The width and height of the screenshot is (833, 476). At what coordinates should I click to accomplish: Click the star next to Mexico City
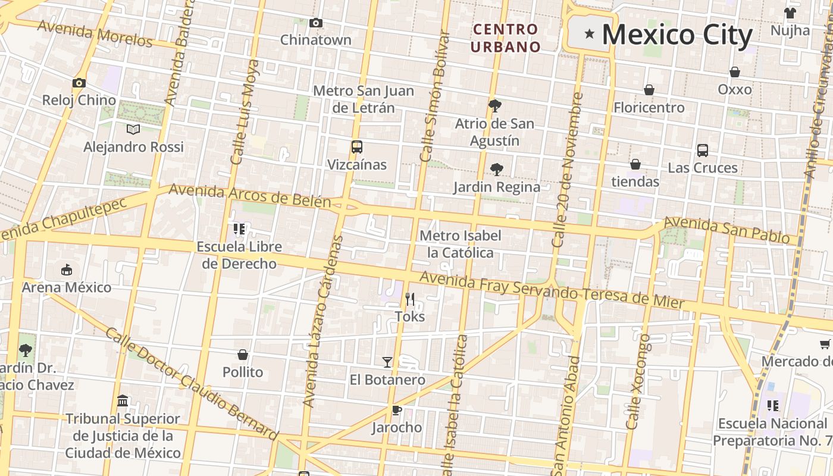pos(589,34)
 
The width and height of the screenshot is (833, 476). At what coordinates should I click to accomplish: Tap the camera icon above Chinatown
pos(316,23)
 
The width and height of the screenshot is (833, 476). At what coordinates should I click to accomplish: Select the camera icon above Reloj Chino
pos(79,83)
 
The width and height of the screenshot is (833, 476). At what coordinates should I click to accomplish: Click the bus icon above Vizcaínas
pos(357,147)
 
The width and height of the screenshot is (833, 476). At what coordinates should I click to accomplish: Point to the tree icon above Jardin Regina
pos(496,170)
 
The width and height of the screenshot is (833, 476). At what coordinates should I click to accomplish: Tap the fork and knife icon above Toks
pos(409,299)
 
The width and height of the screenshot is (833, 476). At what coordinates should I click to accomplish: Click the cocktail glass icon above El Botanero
pos(387,362)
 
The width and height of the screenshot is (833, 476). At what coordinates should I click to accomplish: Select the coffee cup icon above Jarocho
pos(396,410)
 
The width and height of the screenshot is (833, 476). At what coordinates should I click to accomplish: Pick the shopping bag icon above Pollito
pos(243,355)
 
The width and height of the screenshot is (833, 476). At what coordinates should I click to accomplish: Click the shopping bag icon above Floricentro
pos(649,90)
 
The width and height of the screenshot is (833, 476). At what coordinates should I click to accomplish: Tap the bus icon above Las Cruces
pos(703,151)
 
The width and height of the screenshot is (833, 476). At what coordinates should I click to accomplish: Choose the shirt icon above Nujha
pos(790,13)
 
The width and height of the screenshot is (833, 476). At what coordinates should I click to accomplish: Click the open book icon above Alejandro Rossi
pos(133,129)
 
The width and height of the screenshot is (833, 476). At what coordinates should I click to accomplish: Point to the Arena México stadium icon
pos(67,270)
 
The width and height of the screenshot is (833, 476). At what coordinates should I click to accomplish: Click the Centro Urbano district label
pos(506,37)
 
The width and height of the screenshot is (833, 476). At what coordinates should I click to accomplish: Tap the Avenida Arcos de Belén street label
pos(249,196)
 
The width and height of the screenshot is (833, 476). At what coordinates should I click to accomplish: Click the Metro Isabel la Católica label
pos(461,244)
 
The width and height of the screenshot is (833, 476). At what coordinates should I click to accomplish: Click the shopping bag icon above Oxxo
pos(735,72)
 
